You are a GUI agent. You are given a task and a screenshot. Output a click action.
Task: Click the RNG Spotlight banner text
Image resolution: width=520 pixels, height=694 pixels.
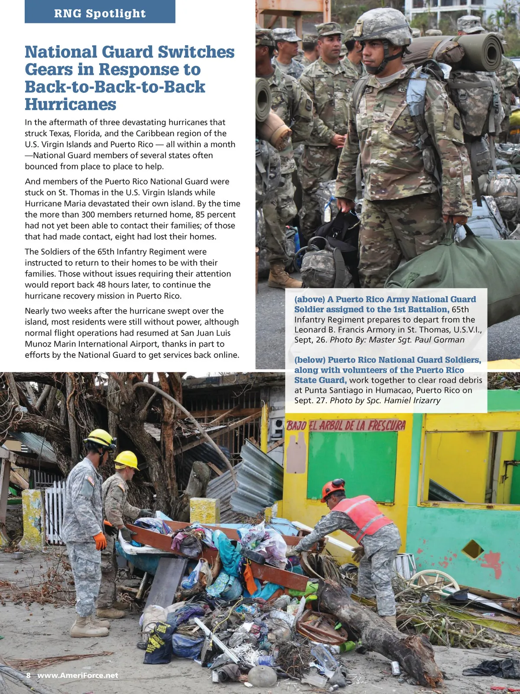(100, 13)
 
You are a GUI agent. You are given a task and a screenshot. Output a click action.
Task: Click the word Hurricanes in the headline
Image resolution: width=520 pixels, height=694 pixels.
(71, 105)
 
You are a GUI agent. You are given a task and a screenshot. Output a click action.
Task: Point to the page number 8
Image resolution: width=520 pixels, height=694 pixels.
(28, 675)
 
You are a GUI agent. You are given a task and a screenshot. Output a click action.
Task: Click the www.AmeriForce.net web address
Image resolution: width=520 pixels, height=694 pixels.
(78, 675)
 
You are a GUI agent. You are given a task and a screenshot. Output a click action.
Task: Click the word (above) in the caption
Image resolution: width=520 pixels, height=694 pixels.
(309, 299)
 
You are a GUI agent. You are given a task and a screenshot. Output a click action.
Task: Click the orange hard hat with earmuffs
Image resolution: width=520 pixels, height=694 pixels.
(333, 489)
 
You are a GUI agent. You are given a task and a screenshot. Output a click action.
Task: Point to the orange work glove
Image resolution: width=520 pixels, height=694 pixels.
(100, 540)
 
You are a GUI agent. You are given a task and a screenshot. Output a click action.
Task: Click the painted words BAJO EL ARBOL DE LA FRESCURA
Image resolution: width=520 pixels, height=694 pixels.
(346, 426)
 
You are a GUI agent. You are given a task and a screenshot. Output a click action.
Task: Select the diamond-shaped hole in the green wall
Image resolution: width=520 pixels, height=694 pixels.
(472, 550)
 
